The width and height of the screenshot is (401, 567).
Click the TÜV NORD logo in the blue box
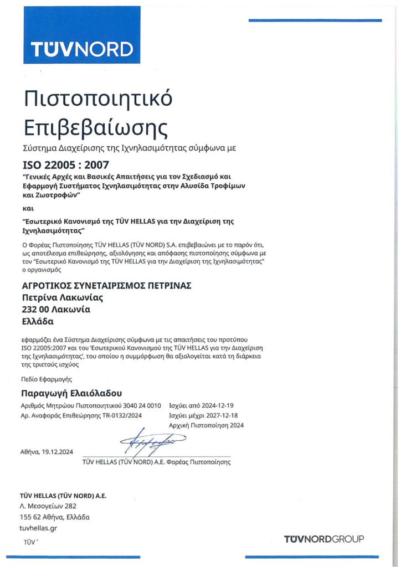click(x=82, y=49)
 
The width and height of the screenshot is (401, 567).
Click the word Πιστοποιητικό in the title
click(x=98, y=99)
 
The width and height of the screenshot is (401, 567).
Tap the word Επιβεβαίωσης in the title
click(x=95, y=128)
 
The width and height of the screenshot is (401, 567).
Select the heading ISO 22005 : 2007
click(x=65, y=164)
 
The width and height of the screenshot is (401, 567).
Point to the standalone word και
click(x=28, y=209)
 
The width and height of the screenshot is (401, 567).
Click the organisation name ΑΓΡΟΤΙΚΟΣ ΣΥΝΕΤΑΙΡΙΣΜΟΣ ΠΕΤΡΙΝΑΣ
click(x=106, y=285)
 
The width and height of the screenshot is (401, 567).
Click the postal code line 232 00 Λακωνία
click(x=55, y=309)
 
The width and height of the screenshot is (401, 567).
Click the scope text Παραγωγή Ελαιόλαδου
click(x=70, y=394)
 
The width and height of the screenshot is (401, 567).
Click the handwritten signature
click(x=146, y=441)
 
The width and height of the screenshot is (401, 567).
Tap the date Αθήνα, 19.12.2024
click(x=47, y=451)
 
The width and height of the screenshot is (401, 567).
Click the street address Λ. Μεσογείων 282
click(x=48, y=506)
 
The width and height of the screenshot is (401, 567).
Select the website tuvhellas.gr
click(x=38, y=528)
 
